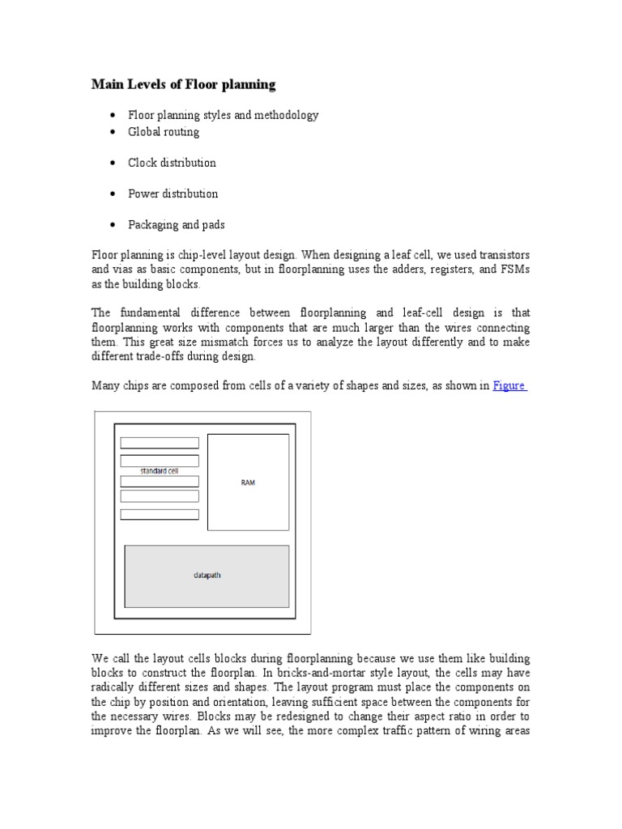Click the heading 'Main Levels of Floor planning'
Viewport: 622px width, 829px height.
(183, 84)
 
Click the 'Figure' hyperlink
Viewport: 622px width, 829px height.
(509, 386)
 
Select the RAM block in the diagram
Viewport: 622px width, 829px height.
(248, 482)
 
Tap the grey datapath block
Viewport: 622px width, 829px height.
(207, 576)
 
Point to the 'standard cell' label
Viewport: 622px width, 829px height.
(159, 470)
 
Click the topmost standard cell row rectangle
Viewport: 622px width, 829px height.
(160, 443)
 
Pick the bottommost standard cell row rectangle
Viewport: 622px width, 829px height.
(160, 514)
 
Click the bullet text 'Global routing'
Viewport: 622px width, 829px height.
(164, 131)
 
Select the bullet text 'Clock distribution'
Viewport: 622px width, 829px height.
(172, 163)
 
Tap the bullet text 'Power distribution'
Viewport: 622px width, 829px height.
(173, 193)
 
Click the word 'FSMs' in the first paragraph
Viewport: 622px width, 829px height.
(516, 270)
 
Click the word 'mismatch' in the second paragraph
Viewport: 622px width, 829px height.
(205, 342)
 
